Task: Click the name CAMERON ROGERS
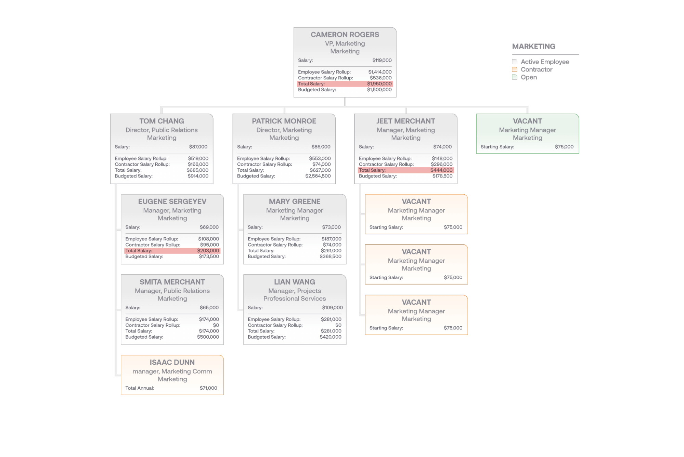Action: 345,35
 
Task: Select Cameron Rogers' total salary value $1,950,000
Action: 379,84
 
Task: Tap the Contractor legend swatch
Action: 514,69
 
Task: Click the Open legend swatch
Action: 514,77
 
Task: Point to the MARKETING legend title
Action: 533,47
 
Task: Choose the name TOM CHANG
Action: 162,121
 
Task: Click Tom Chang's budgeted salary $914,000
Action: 198,176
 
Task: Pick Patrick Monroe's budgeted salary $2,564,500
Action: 318,176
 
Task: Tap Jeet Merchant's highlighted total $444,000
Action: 441,170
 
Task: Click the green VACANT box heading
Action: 527,121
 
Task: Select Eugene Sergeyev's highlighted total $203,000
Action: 208,251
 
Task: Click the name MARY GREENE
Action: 295,201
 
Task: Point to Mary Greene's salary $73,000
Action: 331,227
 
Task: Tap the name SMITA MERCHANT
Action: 172,282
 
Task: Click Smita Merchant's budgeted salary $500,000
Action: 208,337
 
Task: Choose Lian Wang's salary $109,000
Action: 332,308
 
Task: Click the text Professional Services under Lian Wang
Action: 295,299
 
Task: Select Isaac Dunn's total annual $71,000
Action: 208,388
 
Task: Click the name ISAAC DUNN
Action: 172,362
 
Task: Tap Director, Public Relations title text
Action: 162,130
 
